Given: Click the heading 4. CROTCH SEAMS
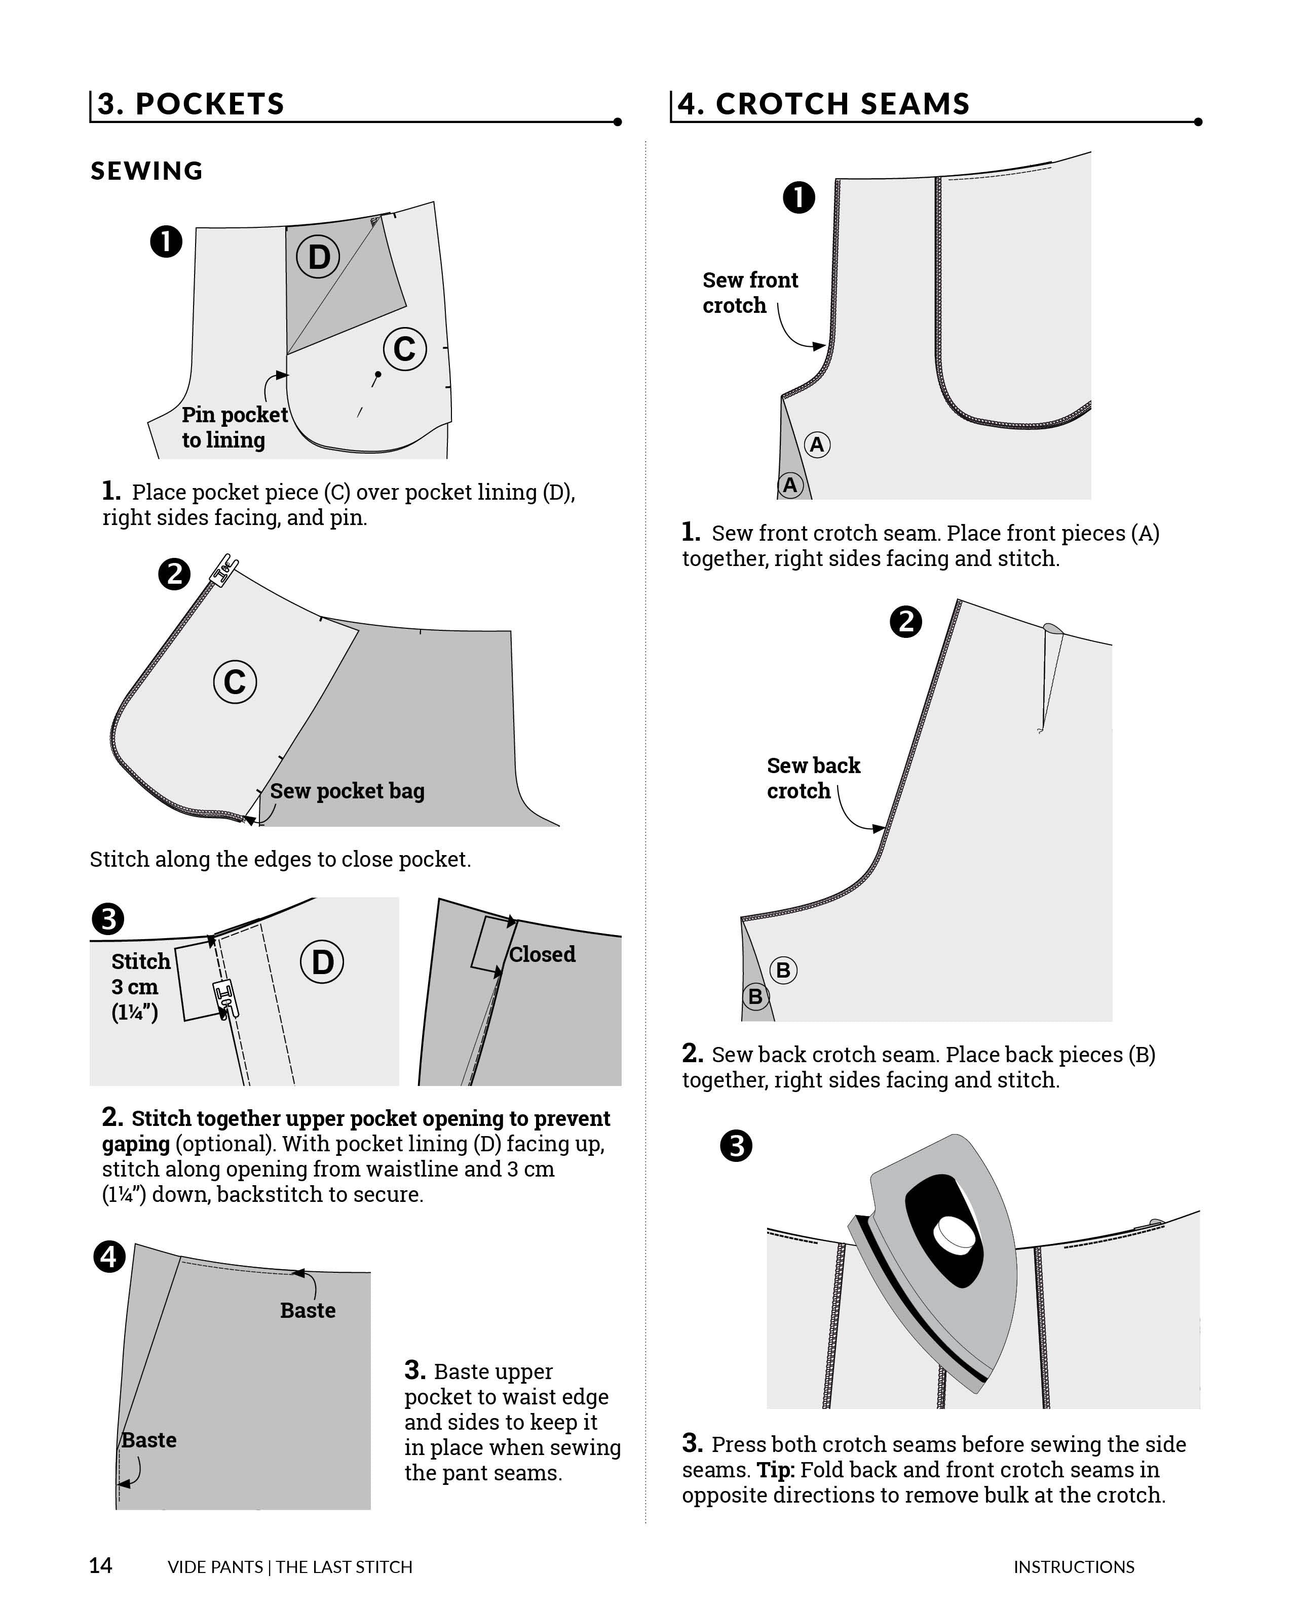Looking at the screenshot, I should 823,104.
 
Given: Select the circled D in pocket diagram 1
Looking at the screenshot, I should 318,257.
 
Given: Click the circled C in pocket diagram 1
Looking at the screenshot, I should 404,349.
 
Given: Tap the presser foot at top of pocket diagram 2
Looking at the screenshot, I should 224,571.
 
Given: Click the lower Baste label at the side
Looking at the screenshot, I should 149,1440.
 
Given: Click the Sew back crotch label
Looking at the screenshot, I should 813,779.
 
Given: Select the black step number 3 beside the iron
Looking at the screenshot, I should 736,1146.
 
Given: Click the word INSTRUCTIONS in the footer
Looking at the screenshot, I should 1073,1567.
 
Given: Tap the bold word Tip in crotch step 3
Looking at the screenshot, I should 775,1470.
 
